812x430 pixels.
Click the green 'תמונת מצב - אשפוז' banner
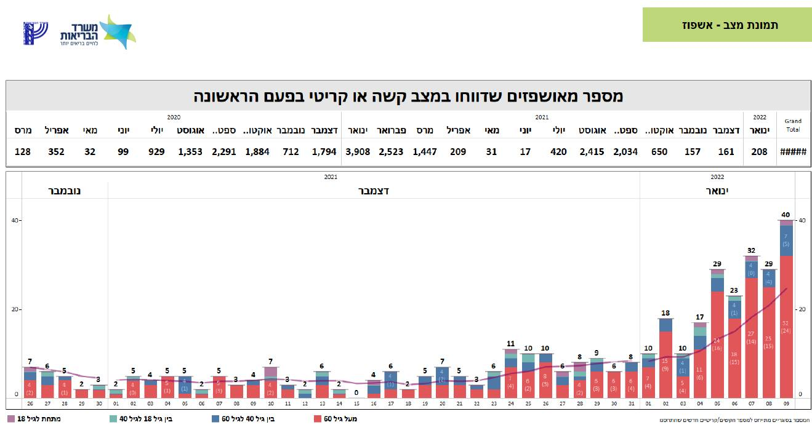[x=726, y=25]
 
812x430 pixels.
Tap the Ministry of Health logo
[x=98, y=31]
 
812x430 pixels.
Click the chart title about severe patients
[x=408, y=96]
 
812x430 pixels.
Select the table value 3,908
[x=358, y=151]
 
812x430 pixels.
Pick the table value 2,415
[x=592, y=151]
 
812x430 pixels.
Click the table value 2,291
[x=224, y=151]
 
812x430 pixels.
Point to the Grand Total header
[x=794, y=126]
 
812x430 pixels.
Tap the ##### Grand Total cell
[x=794, y=151]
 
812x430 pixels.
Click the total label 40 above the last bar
[x=786, y=215]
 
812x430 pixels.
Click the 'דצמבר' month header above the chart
[x=374, y=191]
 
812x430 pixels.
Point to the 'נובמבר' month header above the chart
[x=65, y=191]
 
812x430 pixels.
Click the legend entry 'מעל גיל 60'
[x=335, y=419]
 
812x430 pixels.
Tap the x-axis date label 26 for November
[x=30, y=404]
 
